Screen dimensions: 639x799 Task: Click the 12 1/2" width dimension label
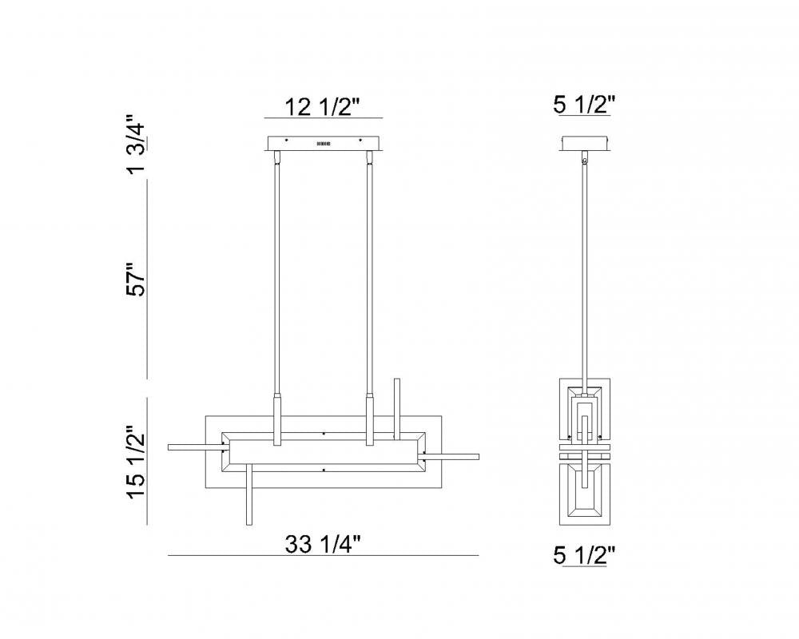pyautogui.click(x=323, y=106)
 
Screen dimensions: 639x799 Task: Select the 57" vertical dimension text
pyautogui.click(x=137, y=279)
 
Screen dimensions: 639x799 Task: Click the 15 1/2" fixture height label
pyautogui.click(x=137, y=463)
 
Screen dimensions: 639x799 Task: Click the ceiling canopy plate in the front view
pyautogui.click(x=323, y=144)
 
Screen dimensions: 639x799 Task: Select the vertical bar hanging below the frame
pyautogui.click(x=248, y=499)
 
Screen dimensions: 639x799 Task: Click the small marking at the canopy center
pyautogui.click(x=323, y=144)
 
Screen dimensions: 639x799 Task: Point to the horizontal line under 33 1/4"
pyautogui.click(x=323, y=555)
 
